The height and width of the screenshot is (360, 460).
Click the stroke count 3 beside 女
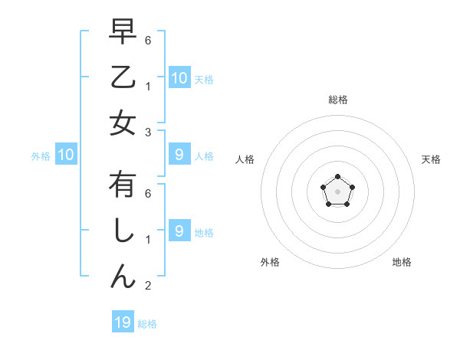(x=148, y=132)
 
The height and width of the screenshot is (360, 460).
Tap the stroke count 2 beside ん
(x=148, y=286)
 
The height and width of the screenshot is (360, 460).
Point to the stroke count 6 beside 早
(x=148, y=40)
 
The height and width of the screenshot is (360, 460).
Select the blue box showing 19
(x=123, y=322)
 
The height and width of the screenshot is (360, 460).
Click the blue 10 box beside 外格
(x=66, y=155)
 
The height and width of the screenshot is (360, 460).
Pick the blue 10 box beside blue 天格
(x=179, y=78)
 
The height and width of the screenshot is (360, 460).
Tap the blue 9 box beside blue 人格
(x=179, y=155)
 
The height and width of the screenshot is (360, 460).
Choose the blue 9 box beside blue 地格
(x=179, y=231)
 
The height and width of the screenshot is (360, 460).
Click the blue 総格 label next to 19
(x=147, y=324)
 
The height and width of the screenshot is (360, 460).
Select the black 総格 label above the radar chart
(x=338, y=100)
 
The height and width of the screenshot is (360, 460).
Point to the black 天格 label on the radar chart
(x=432, y=159)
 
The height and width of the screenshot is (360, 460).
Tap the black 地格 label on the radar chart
(x=402, y=262)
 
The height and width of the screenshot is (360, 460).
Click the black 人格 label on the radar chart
(x=245, y=159)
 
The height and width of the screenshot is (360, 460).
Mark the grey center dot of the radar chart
(x=337, y=191)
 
